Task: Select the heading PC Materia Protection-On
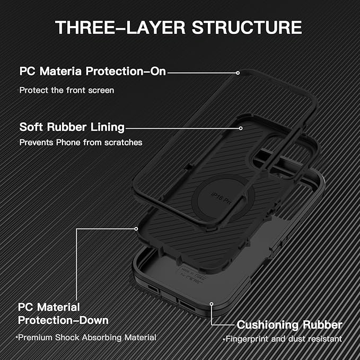click(x=93, y=71)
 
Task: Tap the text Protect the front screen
click(x=67, y=90)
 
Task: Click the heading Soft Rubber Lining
click(x=72, y=127)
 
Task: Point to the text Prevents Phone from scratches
click(x=81, y=143)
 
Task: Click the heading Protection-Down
click(x=64, y=320)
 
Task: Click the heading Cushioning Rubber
click(x=289, y=324)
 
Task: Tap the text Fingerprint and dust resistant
click(x=283, y=339)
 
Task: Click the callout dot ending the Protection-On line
click(x=238, y=72)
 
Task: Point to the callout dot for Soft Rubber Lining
click(x=241, y=128)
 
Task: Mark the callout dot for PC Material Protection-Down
click(x=136, y=229)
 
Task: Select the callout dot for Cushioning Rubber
click(x=212, y=305)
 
